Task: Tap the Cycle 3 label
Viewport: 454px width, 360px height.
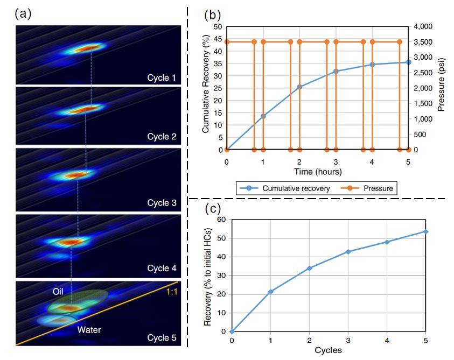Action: pyautogui.click(x=162, y=203)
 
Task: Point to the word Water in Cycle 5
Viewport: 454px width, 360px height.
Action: pyautogui.click(x=89, y=329)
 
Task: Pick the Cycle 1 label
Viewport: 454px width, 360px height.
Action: pyautogui.click(x=162, y=78)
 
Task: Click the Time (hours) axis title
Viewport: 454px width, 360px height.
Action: pyautogui.click(x=317, y=171)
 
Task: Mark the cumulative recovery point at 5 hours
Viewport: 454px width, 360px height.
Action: pyautogui.click(x=408, y=62)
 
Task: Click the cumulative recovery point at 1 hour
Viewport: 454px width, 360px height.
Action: pyautogui.click(x=263, y=116)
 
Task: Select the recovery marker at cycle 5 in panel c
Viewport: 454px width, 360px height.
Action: pyautogui.click(x=425, y=231)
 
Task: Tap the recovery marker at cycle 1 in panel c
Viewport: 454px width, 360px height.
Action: pyautogui.click(x=270, y=292)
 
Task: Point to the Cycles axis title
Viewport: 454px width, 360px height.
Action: pyautogui.click(x=328, y=350)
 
